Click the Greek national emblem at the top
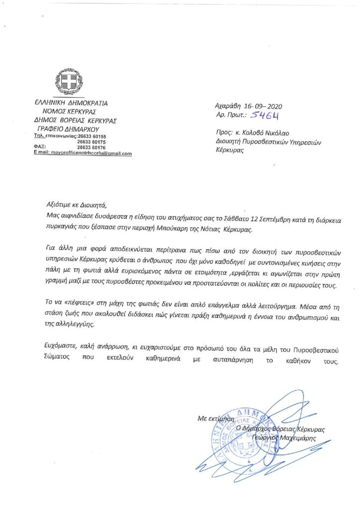point(68,82)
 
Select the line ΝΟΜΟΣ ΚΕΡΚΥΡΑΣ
point(69,111)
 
